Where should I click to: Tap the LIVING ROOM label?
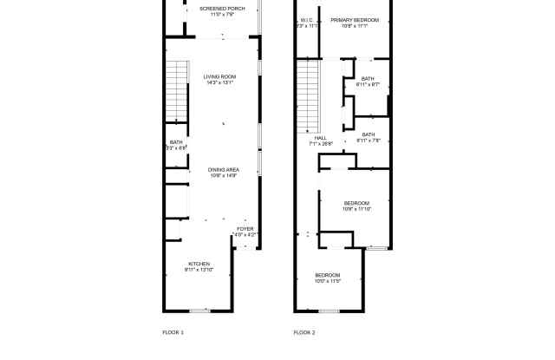tap(219, 77)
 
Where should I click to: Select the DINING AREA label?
tap(224, 169)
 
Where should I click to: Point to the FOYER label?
tap(245, 229)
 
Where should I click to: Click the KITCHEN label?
tap(199, 264)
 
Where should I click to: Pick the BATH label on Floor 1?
tap(176, 142)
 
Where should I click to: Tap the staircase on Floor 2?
tap(309, 95)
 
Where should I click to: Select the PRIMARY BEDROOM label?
tap(354, 19)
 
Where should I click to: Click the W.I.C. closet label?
tap(306, 19)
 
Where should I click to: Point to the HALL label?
tap(320, 138)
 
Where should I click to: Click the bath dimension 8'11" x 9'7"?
tap(368, 84)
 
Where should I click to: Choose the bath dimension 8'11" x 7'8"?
tap(368, 140)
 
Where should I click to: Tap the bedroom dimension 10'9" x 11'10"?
tap(356, 209)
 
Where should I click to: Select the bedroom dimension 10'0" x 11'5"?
tap(327, 281)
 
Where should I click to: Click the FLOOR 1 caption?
tap(173, 332)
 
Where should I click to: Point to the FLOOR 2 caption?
tap(304, 332)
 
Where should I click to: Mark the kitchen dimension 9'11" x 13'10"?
tap(199, 270)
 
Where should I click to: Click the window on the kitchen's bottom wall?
tap(200, 310)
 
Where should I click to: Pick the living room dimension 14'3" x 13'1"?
tap(219, 83)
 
